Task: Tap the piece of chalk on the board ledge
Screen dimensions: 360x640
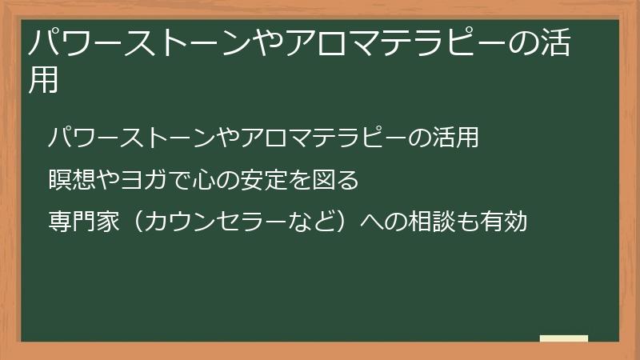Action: click(x=564, y=338)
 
